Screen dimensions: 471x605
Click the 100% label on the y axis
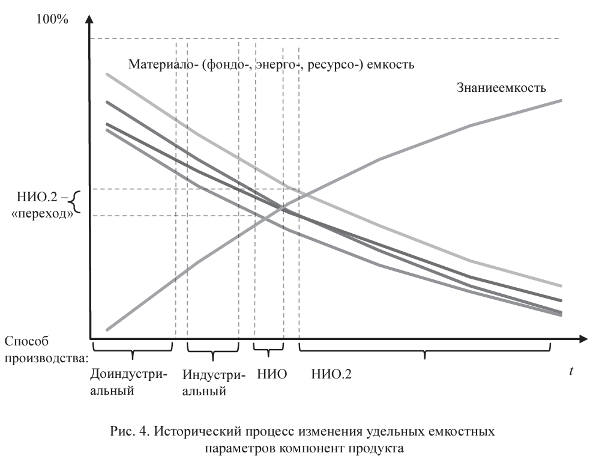[x=52, y=19]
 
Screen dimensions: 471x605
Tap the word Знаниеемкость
[x=499, y=88]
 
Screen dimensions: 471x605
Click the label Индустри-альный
[x=213, y=383]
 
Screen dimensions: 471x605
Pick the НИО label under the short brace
[x=270, y=374]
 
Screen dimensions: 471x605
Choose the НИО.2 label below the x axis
[x=331, y=374]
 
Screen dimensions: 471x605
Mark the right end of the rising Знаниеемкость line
[x=561, y=100]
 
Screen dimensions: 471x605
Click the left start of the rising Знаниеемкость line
[x=107, y=330]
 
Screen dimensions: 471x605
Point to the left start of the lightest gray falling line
[x=107, y=74]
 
